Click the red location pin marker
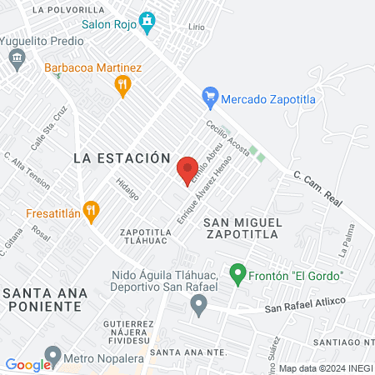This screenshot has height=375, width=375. [x=187, y=170]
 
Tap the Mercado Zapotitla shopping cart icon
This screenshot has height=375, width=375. [x=211, y=98]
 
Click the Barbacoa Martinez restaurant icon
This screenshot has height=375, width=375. [x=122, y=83]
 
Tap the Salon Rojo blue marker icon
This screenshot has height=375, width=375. [x=147, y=21]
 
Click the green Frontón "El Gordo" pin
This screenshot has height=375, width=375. [x=237, y=273]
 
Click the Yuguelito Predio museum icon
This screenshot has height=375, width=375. [x=17, y=58]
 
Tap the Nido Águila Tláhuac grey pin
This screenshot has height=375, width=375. [x=198, y=306]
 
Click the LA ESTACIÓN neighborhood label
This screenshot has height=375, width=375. [x=122, y=157]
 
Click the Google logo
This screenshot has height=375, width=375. [x=28, y=364]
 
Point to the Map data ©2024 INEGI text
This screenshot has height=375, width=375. [x=324, y=367]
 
